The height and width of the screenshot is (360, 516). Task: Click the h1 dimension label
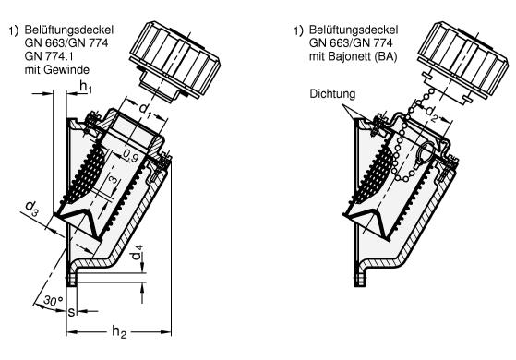point(86,87)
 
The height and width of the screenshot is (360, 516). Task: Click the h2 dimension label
point(119,331)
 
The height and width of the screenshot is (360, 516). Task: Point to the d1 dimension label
point(146,109)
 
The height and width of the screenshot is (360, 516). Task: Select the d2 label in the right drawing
point(432,114)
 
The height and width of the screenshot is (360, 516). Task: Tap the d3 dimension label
point(31,208)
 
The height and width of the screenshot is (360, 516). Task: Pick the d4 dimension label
point(138,252)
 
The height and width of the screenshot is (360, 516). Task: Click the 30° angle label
point(54,301)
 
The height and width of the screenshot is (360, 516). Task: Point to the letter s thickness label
point(71,312)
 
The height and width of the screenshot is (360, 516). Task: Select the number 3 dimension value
point(113,180)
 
